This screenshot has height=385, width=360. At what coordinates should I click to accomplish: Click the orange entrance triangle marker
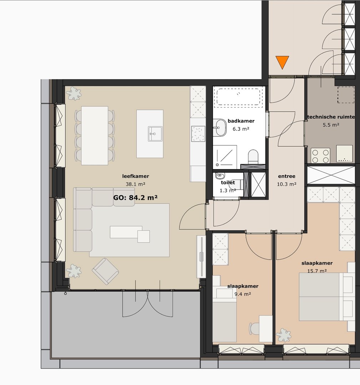coord(282,62)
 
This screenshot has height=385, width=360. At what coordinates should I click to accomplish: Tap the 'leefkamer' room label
coord(136,176)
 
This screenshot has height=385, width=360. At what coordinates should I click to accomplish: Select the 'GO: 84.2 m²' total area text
coord(136,197)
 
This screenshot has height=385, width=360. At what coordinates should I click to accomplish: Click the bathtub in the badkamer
coord(238,97)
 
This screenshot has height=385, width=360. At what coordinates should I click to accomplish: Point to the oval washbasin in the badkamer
coord(220,128)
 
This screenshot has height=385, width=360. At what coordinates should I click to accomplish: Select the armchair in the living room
coord(105,271)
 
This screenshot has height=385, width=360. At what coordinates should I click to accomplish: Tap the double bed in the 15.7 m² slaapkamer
coord(323,297)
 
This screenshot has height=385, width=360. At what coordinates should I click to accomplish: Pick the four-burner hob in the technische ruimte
coord(320,155)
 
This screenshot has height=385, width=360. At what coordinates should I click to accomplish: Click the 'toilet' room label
coord(228,183)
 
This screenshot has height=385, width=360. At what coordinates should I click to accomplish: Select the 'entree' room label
coord(287,176)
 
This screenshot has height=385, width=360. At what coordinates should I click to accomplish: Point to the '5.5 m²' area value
coord(331,125)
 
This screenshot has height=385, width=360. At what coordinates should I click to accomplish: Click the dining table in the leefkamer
coord(95,135)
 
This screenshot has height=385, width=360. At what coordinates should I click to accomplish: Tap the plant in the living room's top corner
coord(74,93)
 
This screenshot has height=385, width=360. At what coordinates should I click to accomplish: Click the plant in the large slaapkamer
coord(284,335)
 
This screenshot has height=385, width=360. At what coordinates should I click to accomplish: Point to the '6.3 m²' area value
coord(241,129)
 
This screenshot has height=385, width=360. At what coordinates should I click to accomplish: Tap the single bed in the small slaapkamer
coord(224,319)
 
